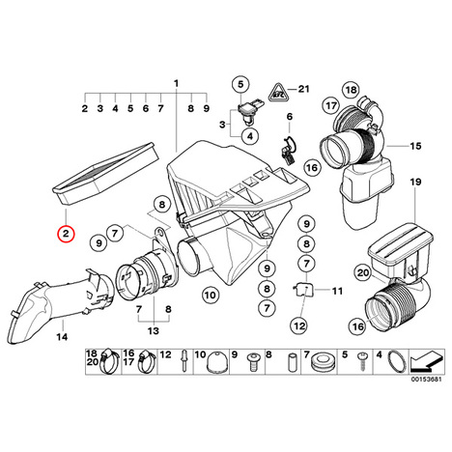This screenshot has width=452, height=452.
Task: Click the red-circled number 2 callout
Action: pos(66,234)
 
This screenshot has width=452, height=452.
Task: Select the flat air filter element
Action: pos(105,174)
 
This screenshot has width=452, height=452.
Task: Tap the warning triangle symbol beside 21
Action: pos(277,93)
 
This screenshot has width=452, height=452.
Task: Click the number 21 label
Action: pos(303,89)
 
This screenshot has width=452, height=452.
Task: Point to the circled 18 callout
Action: pos(351,90)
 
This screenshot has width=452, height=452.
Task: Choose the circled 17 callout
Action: pos(331,105)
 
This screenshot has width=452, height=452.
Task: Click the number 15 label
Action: pos(415,146)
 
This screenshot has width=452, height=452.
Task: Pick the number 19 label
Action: pos(415,183)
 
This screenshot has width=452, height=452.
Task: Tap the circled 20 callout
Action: pos(363,273)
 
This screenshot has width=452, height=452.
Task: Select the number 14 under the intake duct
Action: pos(62,337)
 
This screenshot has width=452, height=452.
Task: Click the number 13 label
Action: pos(154,330)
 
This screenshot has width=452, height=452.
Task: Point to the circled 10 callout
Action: pos(211,295)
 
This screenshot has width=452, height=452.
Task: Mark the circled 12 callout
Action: pos(299,326)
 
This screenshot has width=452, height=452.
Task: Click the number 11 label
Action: pos(337,291)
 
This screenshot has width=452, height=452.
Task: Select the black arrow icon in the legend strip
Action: pos(425,361)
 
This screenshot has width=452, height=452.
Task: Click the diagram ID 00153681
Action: pos(426,379)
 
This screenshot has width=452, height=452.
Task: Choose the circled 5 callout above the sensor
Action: pos(240,84)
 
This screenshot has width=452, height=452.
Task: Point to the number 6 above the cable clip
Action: pos(290,117)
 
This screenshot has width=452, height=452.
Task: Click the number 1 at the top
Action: pos(176,84)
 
